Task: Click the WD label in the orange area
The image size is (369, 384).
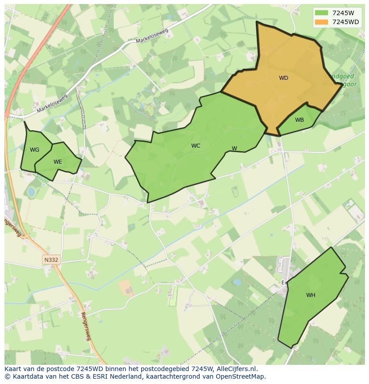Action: click(x=283, y=78)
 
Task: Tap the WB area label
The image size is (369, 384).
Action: click(x=299, y=120)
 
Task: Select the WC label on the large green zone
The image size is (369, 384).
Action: click(x=196, y=146)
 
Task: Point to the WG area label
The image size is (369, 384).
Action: click(x=34, y=150)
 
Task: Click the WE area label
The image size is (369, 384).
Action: click(x=57, y=162)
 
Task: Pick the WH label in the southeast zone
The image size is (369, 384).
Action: click(x=311, y=295)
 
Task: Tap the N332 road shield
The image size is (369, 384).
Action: click(x=51, y=260)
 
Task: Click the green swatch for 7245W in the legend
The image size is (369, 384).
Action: click(x=321, y=13)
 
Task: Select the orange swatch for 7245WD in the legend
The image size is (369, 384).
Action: click(x=321, y=22)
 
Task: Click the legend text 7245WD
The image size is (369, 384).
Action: click(x=345, y=22)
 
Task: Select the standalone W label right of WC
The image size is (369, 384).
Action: click(x=234, y=149)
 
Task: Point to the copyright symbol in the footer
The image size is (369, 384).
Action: click(x=7, y=376)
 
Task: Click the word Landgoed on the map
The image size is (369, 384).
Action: click(x=340, y=76)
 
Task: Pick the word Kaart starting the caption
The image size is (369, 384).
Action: click(x=13, y=369)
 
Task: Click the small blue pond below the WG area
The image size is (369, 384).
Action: click(x=31, y=192)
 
